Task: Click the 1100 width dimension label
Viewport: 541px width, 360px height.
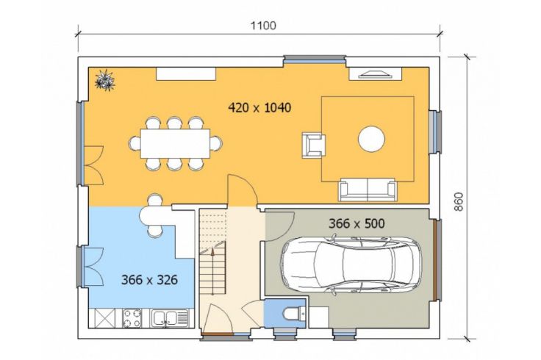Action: pyautogui.click(x=263, y=26)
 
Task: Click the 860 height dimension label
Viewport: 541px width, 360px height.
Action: pyautogui.click(x=458, y=202)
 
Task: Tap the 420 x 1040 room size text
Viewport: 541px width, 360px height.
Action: pyautogui.click(x=259, y=107)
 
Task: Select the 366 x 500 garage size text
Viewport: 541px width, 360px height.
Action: pyautogui.click(x=357, y=223)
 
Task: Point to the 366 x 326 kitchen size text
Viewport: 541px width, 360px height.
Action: pyautogui.click(x=149, y=279)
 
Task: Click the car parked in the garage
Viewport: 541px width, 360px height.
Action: pyautogui.click(x=351, y=264)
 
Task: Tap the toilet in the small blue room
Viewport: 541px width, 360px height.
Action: pyautogui.click(x=291, y=314)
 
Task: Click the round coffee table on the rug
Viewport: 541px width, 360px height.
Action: pyautogui.click(x=371, y=139)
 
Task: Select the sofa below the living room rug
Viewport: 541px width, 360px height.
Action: pyautogui.click(x=367, y=190)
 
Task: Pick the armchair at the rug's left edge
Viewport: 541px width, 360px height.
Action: pyautogui.click(x=314, y=145)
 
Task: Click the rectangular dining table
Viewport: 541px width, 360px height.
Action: pyautogui.click(x=175, y=143)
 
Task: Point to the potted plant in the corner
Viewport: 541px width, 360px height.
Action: pyautogui.click(x=105, y=80)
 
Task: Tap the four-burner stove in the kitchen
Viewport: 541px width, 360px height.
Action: pyautogui.click(x=132, y=318)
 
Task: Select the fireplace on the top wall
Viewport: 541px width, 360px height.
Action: pyautogui.click(x=376, y=73)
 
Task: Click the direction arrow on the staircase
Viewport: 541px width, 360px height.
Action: pyautogui.click(x=212, y=271)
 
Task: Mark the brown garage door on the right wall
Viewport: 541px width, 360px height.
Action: pyautogui.click(x=437, y=260)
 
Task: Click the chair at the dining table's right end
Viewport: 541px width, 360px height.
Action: pyautogui.click(x=216, y=143)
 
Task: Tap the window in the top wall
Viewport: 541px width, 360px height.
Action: pyautogui.click(x=315, y=60)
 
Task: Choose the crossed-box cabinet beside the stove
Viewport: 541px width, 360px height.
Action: pyautogui.click(x=104, y=318)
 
